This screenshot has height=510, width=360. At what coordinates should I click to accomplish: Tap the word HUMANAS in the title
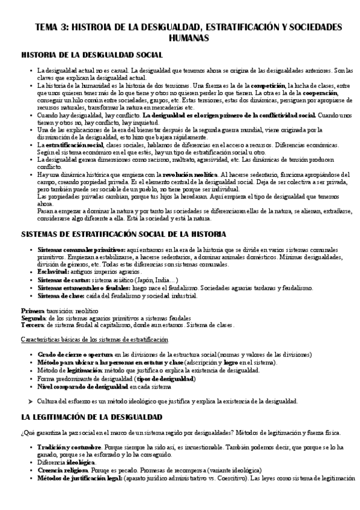[180, 38]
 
